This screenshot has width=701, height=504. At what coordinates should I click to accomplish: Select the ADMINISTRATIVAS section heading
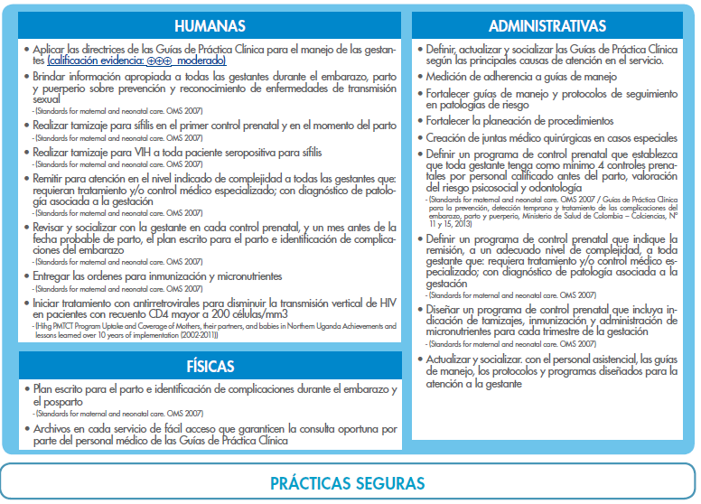[547, 25]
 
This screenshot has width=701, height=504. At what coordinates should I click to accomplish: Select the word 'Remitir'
[52, 180]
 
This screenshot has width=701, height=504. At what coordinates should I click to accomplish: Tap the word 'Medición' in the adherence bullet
[448, 79]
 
